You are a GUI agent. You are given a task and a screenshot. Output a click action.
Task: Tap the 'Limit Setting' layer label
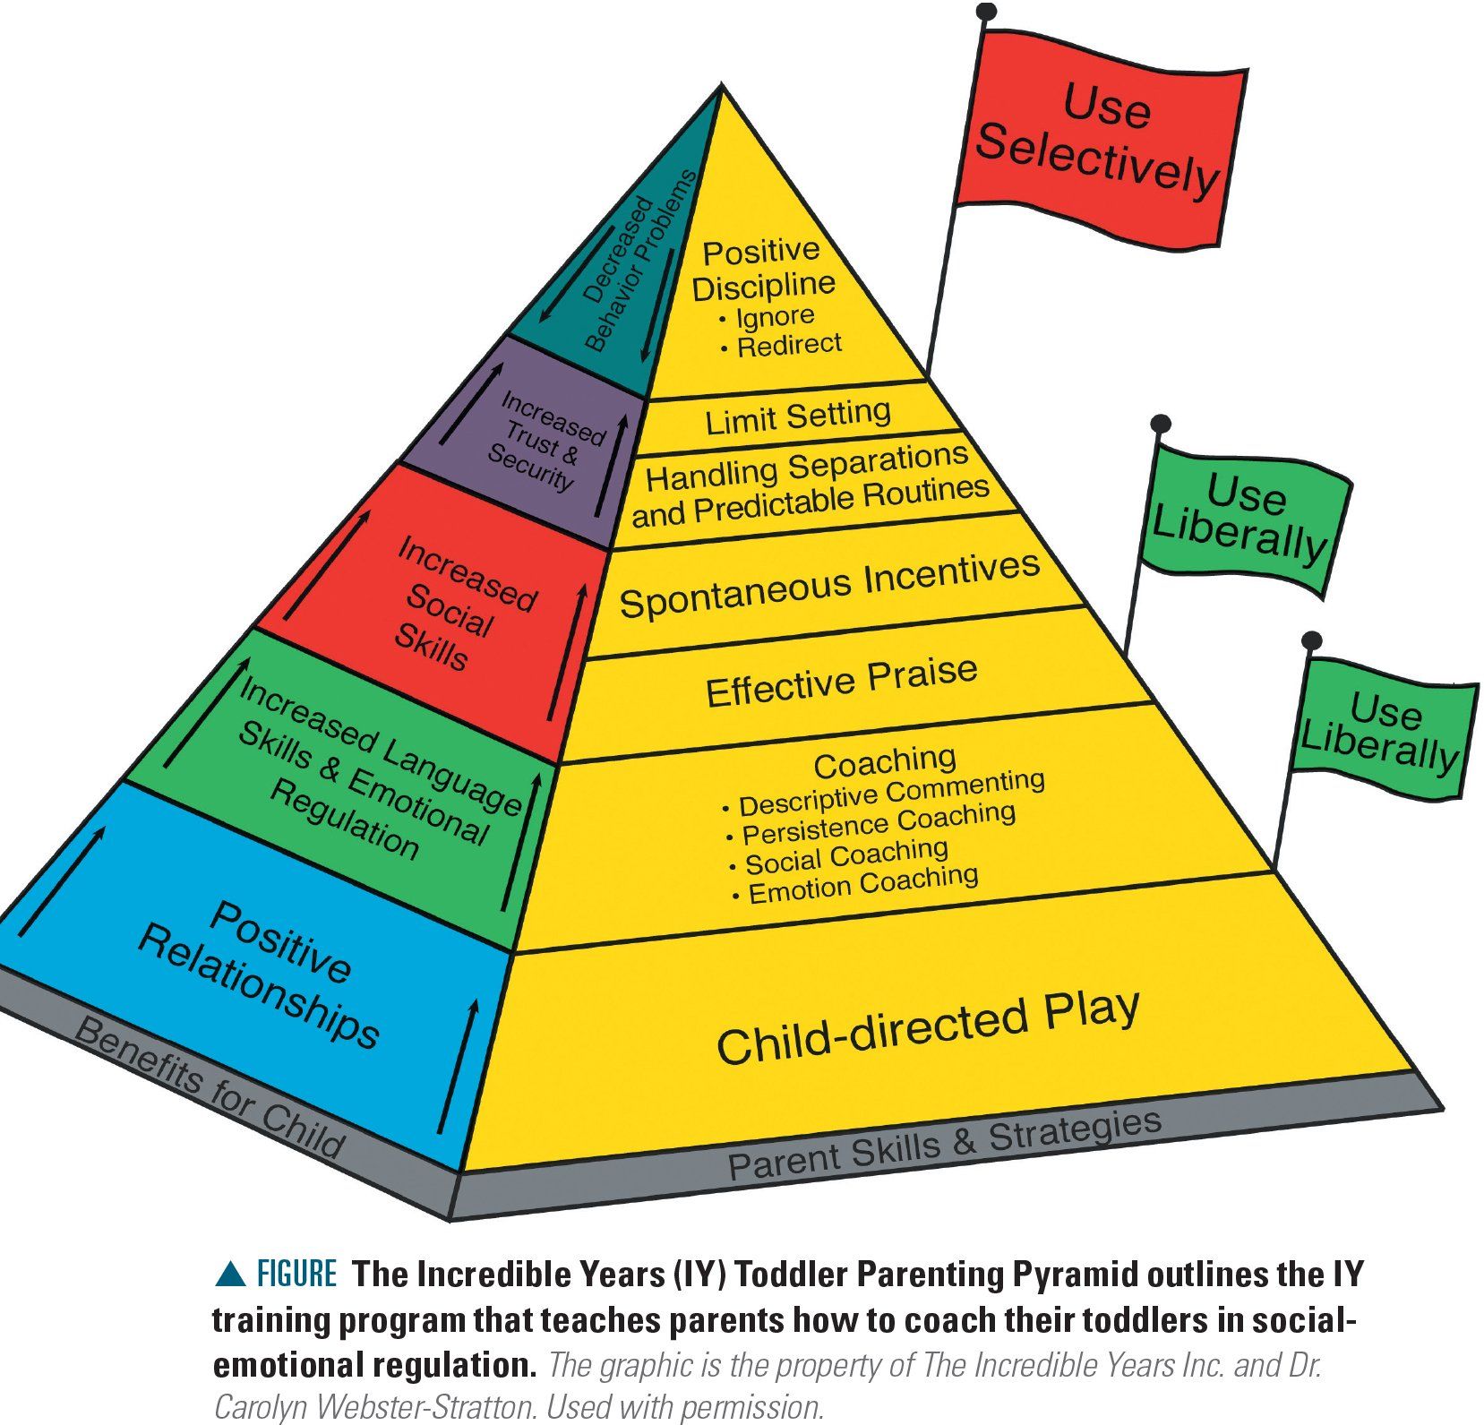(798, 417)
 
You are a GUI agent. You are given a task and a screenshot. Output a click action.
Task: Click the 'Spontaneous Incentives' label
(829, 585)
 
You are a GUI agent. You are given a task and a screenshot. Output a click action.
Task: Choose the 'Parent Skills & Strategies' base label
(945, 1146)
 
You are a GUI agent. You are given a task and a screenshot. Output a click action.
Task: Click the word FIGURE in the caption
(296, 1274)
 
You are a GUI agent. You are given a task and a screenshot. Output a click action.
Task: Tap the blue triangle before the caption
(230, 1274)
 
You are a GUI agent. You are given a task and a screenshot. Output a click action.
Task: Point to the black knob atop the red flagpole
(986, 12)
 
